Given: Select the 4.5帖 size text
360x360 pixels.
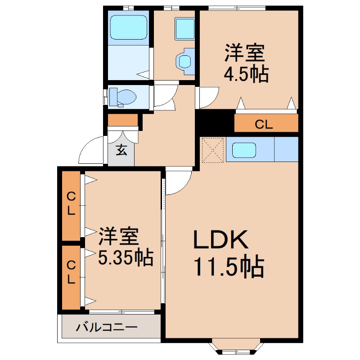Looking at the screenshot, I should point(246,74).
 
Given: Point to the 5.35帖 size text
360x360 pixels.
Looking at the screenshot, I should point(126,257).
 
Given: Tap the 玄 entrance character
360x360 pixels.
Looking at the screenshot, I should point(121,150).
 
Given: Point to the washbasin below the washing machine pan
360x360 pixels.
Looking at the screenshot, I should point(184,61).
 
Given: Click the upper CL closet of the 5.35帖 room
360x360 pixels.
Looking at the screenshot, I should point(71,204).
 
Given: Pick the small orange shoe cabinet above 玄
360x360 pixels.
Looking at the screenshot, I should point(122,120).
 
